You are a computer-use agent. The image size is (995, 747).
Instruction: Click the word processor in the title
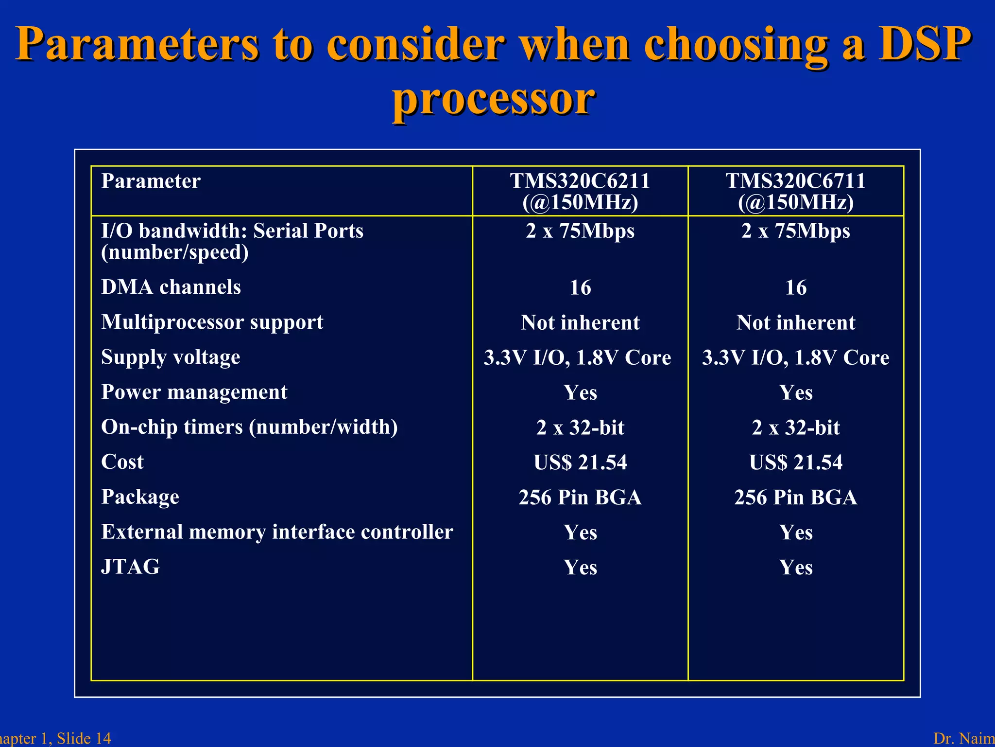pyautogui.click(x=494, y=99)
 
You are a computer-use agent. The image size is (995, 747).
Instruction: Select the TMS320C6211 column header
pyautogui.click(x=580, y=191)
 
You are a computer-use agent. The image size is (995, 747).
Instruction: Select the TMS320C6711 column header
pyautogui.click(x=795, y=191)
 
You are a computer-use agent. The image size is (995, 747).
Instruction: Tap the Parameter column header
pyautogui.click(x=151, y=181)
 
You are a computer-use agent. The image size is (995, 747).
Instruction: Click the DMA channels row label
pyautogui.click(x=171, y=287)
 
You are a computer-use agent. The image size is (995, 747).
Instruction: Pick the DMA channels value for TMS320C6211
pyautogui.click(x=580, y=287)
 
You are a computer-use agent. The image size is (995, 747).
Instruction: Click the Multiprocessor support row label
pyautogui.click(x=212, y=322)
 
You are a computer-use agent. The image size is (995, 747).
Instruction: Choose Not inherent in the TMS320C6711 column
pyautogui.click(x=795, y=322)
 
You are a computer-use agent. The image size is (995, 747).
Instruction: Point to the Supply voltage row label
pyautogui.click(x=171, y=357)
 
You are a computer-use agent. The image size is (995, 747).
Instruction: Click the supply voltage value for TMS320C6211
pyautogui.click(x=577, y=357)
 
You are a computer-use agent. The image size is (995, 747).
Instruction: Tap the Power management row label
pyautogui.click(x=194, y=392)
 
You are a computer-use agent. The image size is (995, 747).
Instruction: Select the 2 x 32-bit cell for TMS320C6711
pyautogui.click(x=795, y=427)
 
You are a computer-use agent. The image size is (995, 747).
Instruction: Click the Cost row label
pyautogui.click(x=122, y=462)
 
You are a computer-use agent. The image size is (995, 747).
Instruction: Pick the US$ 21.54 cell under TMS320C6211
pyautogui.click(x=580, y=462)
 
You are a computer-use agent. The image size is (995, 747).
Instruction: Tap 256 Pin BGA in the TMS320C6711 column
pyautogui.click(x=795, y=497)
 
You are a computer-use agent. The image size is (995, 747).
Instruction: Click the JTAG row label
pyautogui.click(x=130, y=567)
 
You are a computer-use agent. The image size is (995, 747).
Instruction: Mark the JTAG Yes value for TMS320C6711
pyautogui.click(x=795, y=567)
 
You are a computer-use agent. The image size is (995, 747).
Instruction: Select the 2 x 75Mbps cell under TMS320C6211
pyautogui.click(x=580, y=231)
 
